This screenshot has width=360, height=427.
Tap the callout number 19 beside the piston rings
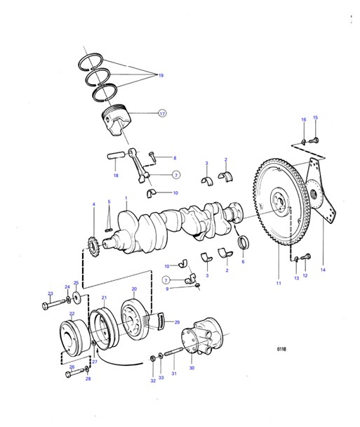(161, 75)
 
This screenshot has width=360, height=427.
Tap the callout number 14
(324, 269)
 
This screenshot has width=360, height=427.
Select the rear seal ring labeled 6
(244, 243)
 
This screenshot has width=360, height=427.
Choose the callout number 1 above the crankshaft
(126, 199)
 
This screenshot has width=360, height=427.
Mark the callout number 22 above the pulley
(72, 315)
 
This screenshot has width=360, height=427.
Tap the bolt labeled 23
(53, 305)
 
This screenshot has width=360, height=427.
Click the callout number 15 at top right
(315, 118)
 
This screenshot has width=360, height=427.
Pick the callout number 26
(71, 366)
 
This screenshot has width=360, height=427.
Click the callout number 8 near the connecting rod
(175, 158)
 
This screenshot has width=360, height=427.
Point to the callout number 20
(134, 289)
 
